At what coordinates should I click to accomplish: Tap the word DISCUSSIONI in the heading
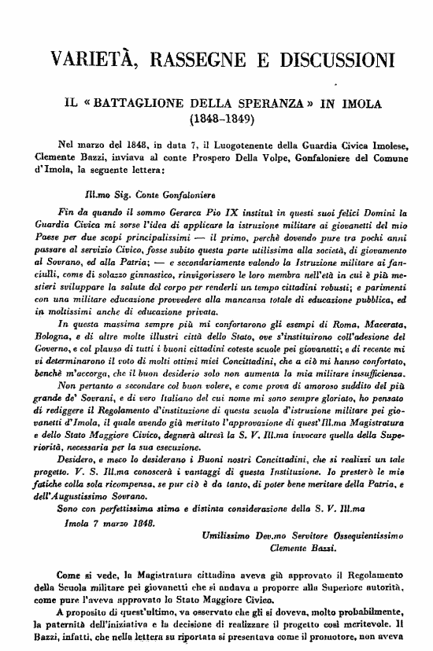[x=334, y=61]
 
